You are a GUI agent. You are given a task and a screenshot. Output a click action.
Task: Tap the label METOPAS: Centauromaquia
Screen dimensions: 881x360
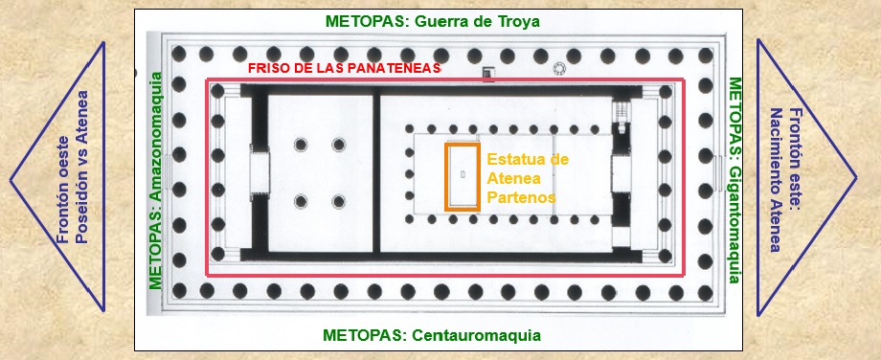coord(432,336)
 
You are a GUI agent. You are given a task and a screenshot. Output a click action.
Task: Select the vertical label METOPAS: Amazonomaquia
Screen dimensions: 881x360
coord(156,180)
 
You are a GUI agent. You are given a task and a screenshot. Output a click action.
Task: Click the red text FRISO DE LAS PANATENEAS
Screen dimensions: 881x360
coord(344,69)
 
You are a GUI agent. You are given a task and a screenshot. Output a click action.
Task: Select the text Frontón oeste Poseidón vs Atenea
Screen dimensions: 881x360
coord(73,180)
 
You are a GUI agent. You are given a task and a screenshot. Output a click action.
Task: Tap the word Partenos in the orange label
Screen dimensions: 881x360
coord(520,197)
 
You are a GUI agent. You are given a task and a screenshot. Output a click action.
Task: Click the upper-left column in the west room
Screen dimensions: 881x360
coord(301,145)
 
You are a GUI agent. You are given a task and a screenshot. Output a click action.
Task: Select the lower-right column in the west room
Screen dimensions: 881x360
coord(338,202)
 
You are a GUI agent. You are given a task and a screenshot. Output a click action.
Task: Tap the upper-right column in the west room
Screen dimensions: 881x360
coord(338,145)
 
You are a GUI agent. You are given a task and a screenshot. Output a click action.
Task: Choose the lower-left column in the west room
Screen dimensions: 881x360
coord(301,202)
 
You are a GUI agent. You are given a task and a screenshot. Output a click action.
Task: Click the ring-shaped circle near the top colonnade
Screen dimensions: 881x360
coord(559,69)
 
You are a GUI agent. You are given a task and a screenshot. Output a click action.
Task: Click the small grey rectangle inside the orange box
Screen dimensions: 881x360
coord(463,174)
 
